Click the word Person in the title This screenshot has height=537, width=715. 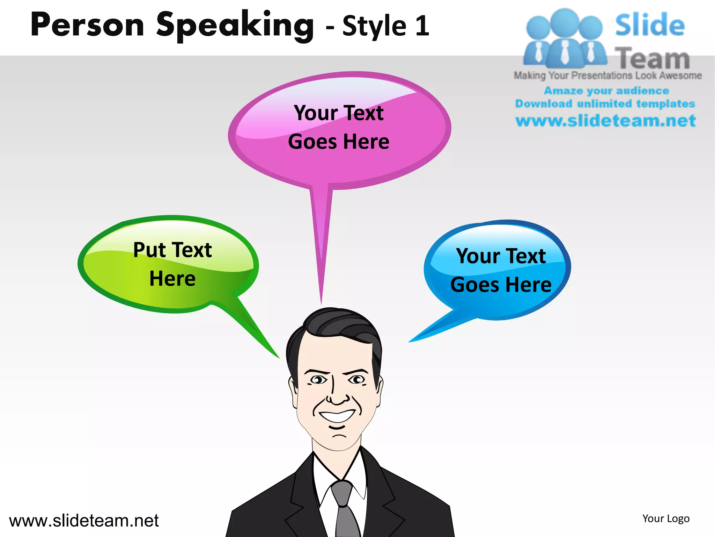click(87, 25)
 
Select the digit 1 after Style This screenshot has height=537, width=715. click(422, 26)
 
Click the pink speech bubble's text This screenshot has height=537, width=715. click(339, 127)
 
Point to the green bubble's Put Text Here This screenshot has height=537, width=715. click(172, 264)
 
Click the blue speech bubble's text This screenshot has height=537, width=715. click(501, 270)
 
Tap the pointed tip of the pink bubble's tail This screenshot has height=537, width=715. click(321, 303)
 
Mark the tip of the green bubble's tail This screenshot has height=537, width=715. click(279, 357)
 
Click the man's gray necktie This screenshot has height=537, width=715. click(344, 507)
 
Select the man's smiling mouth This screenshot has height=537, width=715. click(337, 416)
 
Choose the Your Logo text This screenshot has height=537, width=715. click(666, 518)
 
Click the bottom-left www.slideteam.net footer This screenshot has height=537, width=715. click(84, 521)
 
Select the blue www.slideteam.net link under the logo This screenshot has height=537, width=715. click(605, 121)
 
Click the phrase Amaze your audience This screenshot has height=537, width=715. click(606, 91)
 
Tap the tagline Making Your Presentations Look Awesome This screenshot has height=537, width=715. click(607, 76)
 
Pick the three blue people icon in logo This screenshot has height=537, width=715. click(565, 38)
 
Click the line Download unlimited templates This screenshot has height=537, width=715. click(605, 104)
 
